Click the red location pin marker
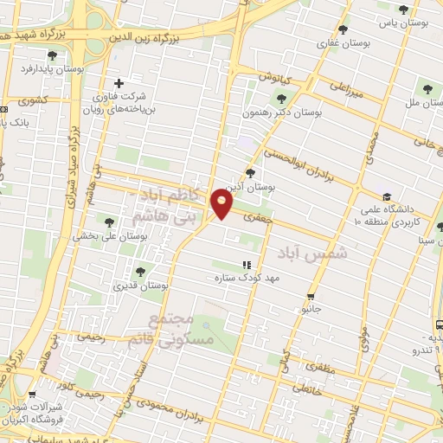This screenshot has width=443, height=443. pyautogui.click(x=222, y=204)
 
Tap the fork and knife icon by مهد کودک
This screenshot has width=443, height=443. pyautogui.click(x=247, y=266)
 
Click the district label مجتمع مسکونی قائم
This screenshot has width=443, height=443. pyautogui.click(x=181, y=330)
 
